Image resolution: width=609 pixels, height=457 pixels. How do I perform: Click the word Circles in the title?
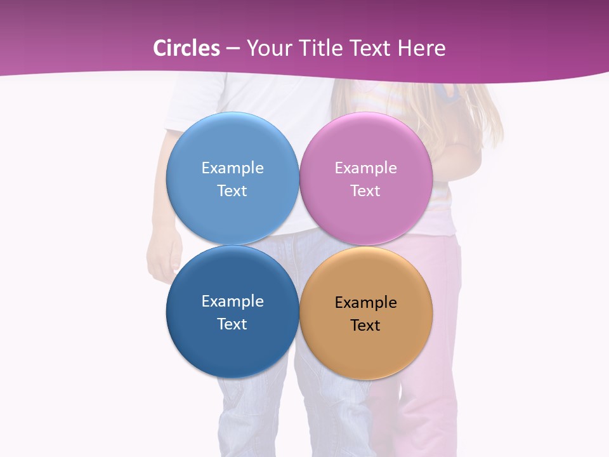187,48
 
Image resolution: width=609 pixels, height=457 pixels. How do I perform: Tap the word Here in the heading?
422,48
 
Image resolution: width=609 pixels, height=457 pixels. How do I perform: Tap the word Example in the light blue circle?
232,168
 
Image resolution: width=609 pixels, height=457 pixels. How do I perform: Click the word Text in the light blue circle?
232,190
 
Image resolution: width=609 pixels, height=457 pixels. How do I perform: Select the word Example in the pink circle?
365,168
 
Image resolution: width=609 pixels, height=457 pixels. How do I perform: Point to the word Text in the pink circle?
365,190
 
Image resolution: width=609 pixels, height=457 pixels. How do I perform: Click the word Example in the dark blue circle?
232,301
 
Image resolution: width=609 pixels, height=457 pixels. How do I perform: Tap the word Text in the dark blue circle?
232,324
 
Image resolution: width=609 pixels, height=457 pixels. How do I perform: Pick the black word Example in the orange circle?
365,302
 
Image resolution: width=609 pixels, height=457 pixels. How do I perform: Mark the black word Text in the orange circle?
365,325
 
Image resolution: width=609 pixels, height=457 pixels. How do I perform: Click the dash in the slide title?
232,49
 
